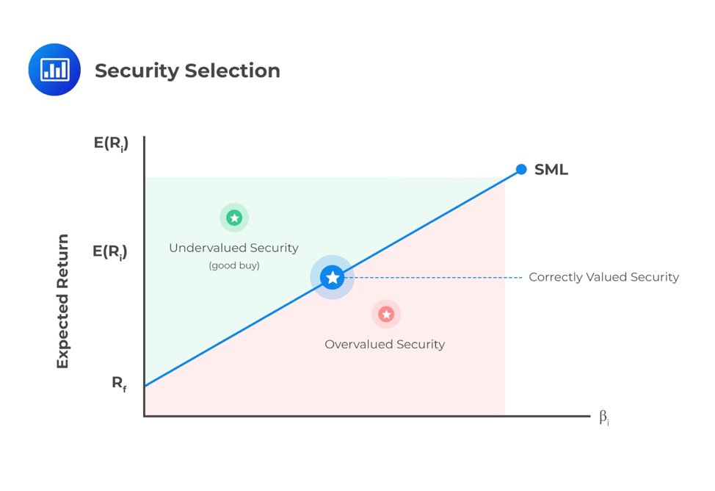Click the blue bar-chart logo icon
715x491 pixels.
[54, 69]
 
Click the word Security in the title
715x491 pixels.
[137, 71]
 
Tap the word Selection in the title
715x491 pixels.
[233, 71]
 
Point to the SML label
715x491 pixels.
[551, 170]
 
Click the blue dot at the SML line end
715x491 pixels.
[521, 170]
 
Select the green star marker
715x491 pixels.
[234, 218]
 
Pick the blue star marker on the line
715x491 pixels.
[333, 277]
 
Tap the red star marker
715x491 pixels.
[386, 315]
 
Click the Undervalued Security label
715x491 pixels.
[234, 248]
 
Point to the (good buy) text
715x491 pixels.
[234, 265]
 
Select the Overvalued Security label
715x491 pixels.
[385, 344]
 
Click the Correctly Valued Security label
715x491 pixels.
[604, 277]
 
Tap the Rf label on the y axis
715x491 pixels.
[120, 384]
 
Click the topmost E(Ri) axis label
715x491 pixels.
[112, 143]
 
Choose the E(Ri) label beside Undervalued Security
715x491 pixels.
[110, 251]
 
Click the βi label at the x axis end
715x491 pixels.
[604, 417]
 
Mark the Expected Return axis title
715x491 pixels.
[62, 301]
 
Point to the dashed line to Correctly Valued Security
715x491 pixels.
[433, 277]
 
